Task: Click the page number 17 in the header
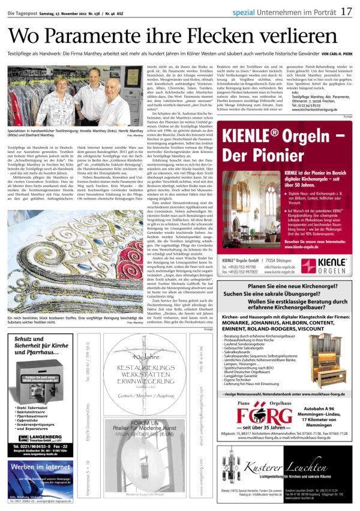pyautogui.click(x=346, y=11)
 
